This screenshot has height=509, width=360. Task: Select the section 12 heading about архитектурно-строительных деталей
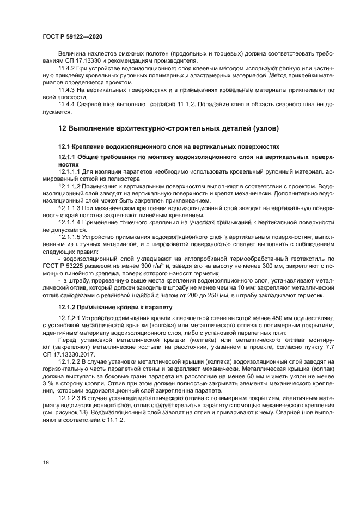tap(168, 128)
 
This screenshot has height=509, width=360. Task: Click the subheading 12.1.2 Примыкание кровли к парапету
tap(115, 307)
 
